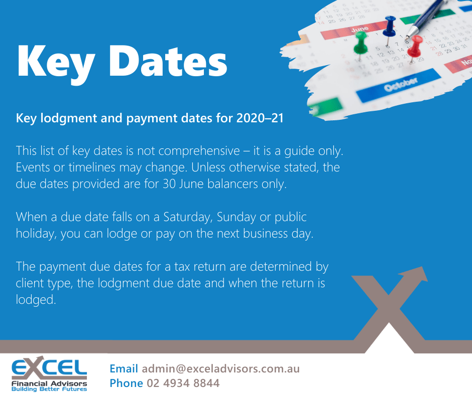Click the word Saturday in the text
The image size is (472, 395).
coord(186,217)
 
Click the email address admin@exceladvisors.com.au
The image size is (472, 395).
coord(220,369)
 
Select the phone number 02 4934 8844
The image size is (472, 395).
coord(183,383)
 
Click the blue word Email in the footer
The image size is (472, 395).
coord(124,369)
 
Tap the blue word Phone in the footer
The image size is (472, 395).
coord(126,383)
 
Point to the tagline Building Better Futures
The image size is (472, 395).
coord(49,388)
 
